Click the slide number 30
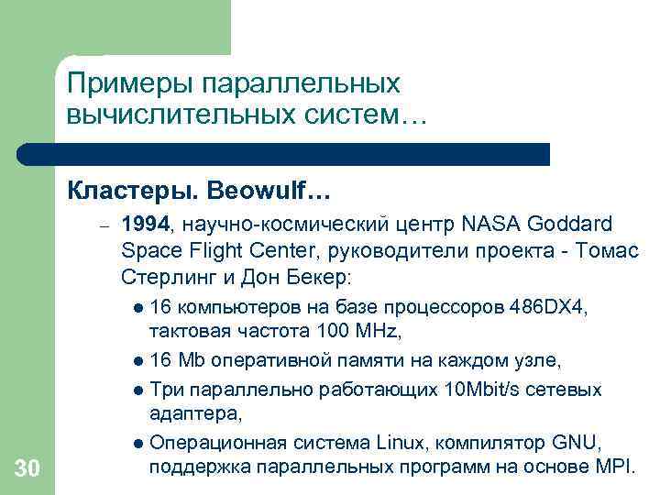[27, 469]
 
